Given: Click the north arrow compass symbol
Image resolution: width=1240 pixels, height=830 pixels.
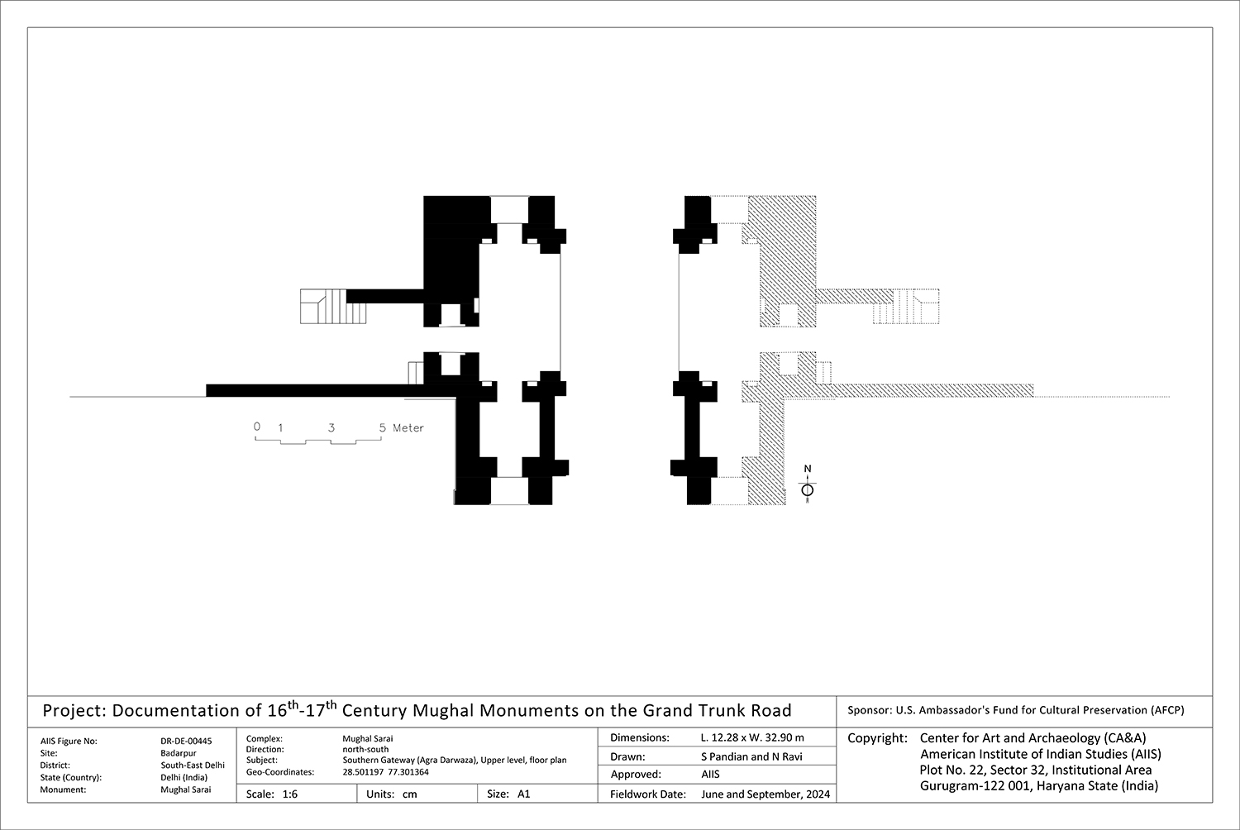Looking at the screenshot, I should coord(808,489).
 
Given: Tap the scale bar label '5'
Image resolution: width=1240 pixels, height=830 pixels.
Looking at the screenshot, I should coord(382,427).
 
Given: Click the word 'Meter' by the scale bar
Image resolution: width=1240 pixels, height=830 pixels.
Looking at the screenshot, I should coord(408,427).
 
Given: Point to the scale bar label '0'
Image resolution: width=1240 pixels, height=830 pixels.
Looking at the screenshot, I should coord(256,427).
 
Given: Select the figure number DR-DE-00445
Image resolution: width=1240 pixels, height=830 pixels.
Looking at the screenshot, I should coord(186,742).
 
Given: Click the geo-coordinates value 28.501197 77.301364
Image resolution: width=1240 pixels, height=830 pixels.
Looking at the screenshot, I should coord(385,772).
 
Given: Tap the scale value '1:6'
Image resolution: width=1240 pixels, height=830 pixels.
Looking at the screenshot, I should coord(289,794).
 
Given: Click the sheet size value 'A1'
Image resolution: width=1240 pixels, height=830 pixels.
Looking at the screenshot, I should coord(523,794).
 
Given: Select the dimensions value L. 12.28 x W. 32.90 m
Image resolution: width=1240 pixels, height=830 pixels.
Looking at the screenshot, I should coord(751,737).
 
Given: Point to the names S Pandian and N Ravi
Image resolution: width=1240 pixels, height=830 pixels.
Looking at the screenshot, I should coord(751,756).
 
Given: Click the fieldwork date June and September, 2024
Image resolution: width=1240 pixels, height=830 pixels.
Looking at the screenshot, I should coord(765,794).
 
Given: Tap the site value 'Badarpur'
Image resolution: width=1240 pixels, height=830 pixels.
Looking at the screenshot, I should coord(178,753).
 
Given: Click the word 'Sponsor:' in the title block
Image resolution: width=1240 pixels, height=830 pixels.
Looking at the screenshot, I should coord(868,710).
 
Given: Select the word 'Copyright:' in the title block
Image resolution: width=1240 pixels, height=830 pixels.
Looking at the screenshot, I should coord(877,738).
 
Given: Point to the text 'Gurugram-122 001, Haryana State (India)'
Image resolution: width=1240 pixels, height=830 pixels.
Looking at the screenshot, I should coord(1039,785).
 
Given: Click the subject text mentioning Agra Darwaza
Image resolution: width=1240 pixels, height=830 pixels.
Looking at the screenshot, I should coord(454,761).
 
